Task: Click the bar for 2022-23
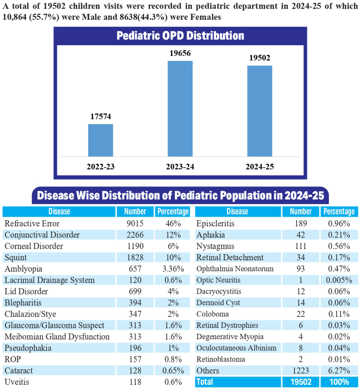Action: [100, 140]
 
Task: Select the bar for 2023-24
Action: [180, 109]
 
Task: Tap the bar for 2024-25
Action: [260, 111]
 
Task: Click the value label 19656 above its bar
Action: [180, 54]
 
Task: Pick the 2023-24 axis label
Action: [180, 167]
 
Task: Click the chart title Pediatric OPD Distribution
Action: [180, 36]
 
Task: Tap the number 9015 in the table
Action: [135, 223]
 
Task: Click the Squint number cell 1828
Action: [135, 258]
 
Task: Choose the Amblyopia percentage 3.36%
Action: [173, 269]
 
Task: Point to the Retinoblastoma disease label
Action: [220, 359]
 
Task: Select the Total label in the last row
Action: [205, 382]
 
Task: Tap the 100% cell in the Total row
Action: [339, 382]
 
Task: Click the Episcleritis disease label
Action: [215, 223]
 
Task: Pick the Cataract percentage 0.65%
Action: [173, 371]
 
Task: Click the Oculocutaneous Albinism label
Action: [236, 348]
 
